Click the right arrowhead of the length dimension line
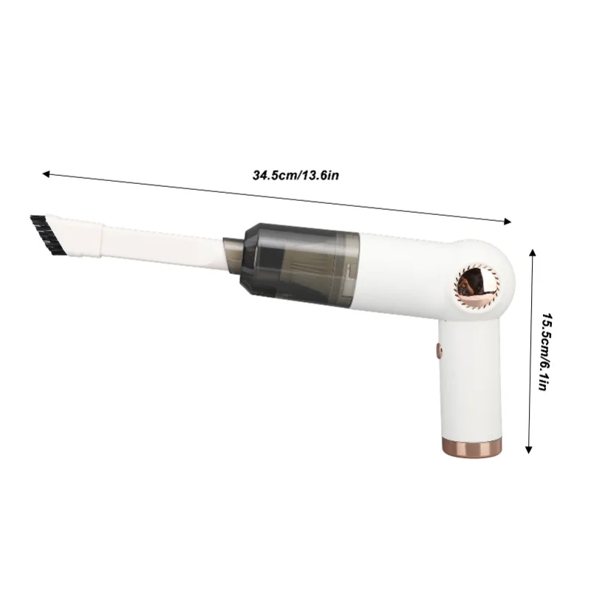click(x=508, y=219)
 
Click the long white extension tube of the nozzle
click(x=155, y=240)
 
